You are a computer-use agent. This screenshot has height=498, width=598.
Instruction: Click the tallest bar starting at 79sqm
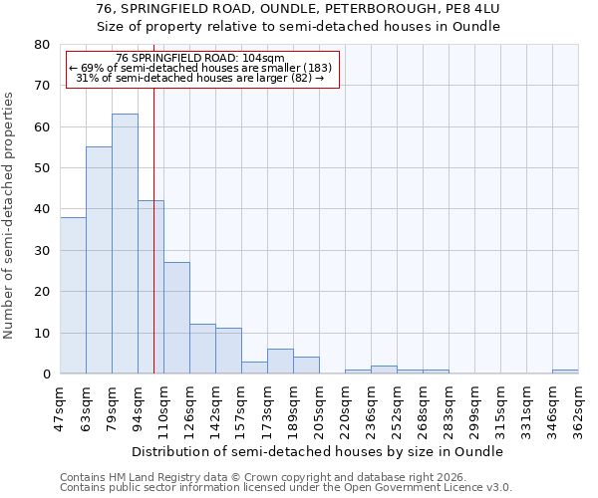[x=125, y=244]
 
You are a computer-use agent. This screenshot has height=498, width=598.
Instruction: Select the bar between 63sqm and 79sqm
[x=99, y=260]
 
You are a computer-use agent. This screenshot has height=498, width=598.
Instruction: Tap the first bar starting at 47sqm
[x=73, y=295]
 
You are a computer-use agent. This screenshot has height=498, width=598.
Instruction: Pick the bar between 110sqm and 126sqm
[x=176, y=318]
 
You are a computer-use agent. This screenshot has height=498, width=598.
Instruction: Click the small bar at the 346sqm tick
[x=565, y=372]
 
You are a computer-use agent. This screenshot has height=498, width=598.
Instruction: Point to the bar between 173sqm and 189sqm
[x=280, y=362]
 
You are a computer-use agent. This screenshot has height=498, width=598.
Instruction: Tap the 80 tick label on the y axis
[x=42, y=45]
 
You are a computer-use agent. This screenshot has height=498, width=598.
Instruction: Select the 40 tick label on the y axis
[x=42, y=209]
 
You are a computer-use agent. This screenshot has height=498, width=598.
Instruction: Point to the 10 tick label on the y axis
[x=42, y=333]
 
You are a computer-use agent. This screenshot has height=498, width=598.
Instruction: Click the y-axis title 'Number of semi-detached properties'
[x=9, y=215]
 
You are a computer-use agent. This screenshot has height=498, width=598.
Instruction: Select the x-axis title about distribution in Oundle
[x=318, y=451]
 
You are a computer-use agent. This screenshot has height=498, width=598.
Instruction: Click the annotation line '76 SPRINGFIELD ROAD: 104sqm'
[x=199, y=58]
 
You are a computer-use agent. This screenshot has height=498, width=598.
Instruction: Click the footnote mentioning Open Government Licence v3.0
[x=286, y=488]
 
